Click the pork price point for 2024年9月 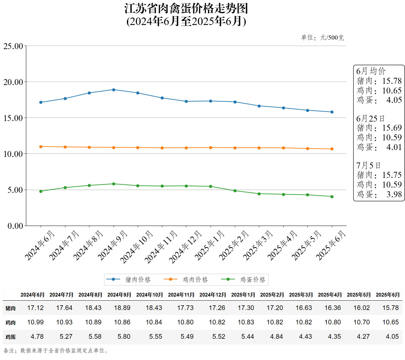(114, 90)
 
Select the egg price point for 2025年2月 (235, 191)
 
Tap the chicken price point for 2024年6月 (41, 147)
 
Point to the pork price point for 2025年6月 (332, 112)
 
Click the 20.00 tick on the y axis (13, 82)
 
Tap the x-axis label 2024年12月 (185, 247)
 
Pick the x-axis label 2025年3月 (258, 245)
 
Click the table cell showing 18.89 (122, 308)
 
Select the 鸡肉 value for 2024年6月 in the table (35, 322)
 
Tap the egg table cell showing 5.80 (124, 337)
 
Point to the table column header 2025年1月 (243, 295)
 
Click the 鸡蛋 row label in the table (11, 337)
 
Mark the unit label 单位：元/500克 (322, 38)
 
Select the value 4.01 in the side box (394, 147)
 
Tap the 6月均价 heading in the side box (371, 71)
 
